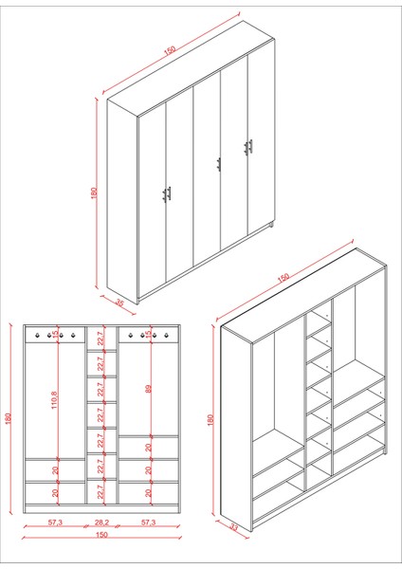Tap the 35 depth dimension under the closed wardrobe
click(x=119, y=304)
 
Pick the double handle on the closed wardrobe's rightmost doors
click(x=248, y=146)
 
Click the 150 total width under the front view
click(x=101, y=534)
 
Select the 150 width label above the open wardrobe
click(x=283, y=279)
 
